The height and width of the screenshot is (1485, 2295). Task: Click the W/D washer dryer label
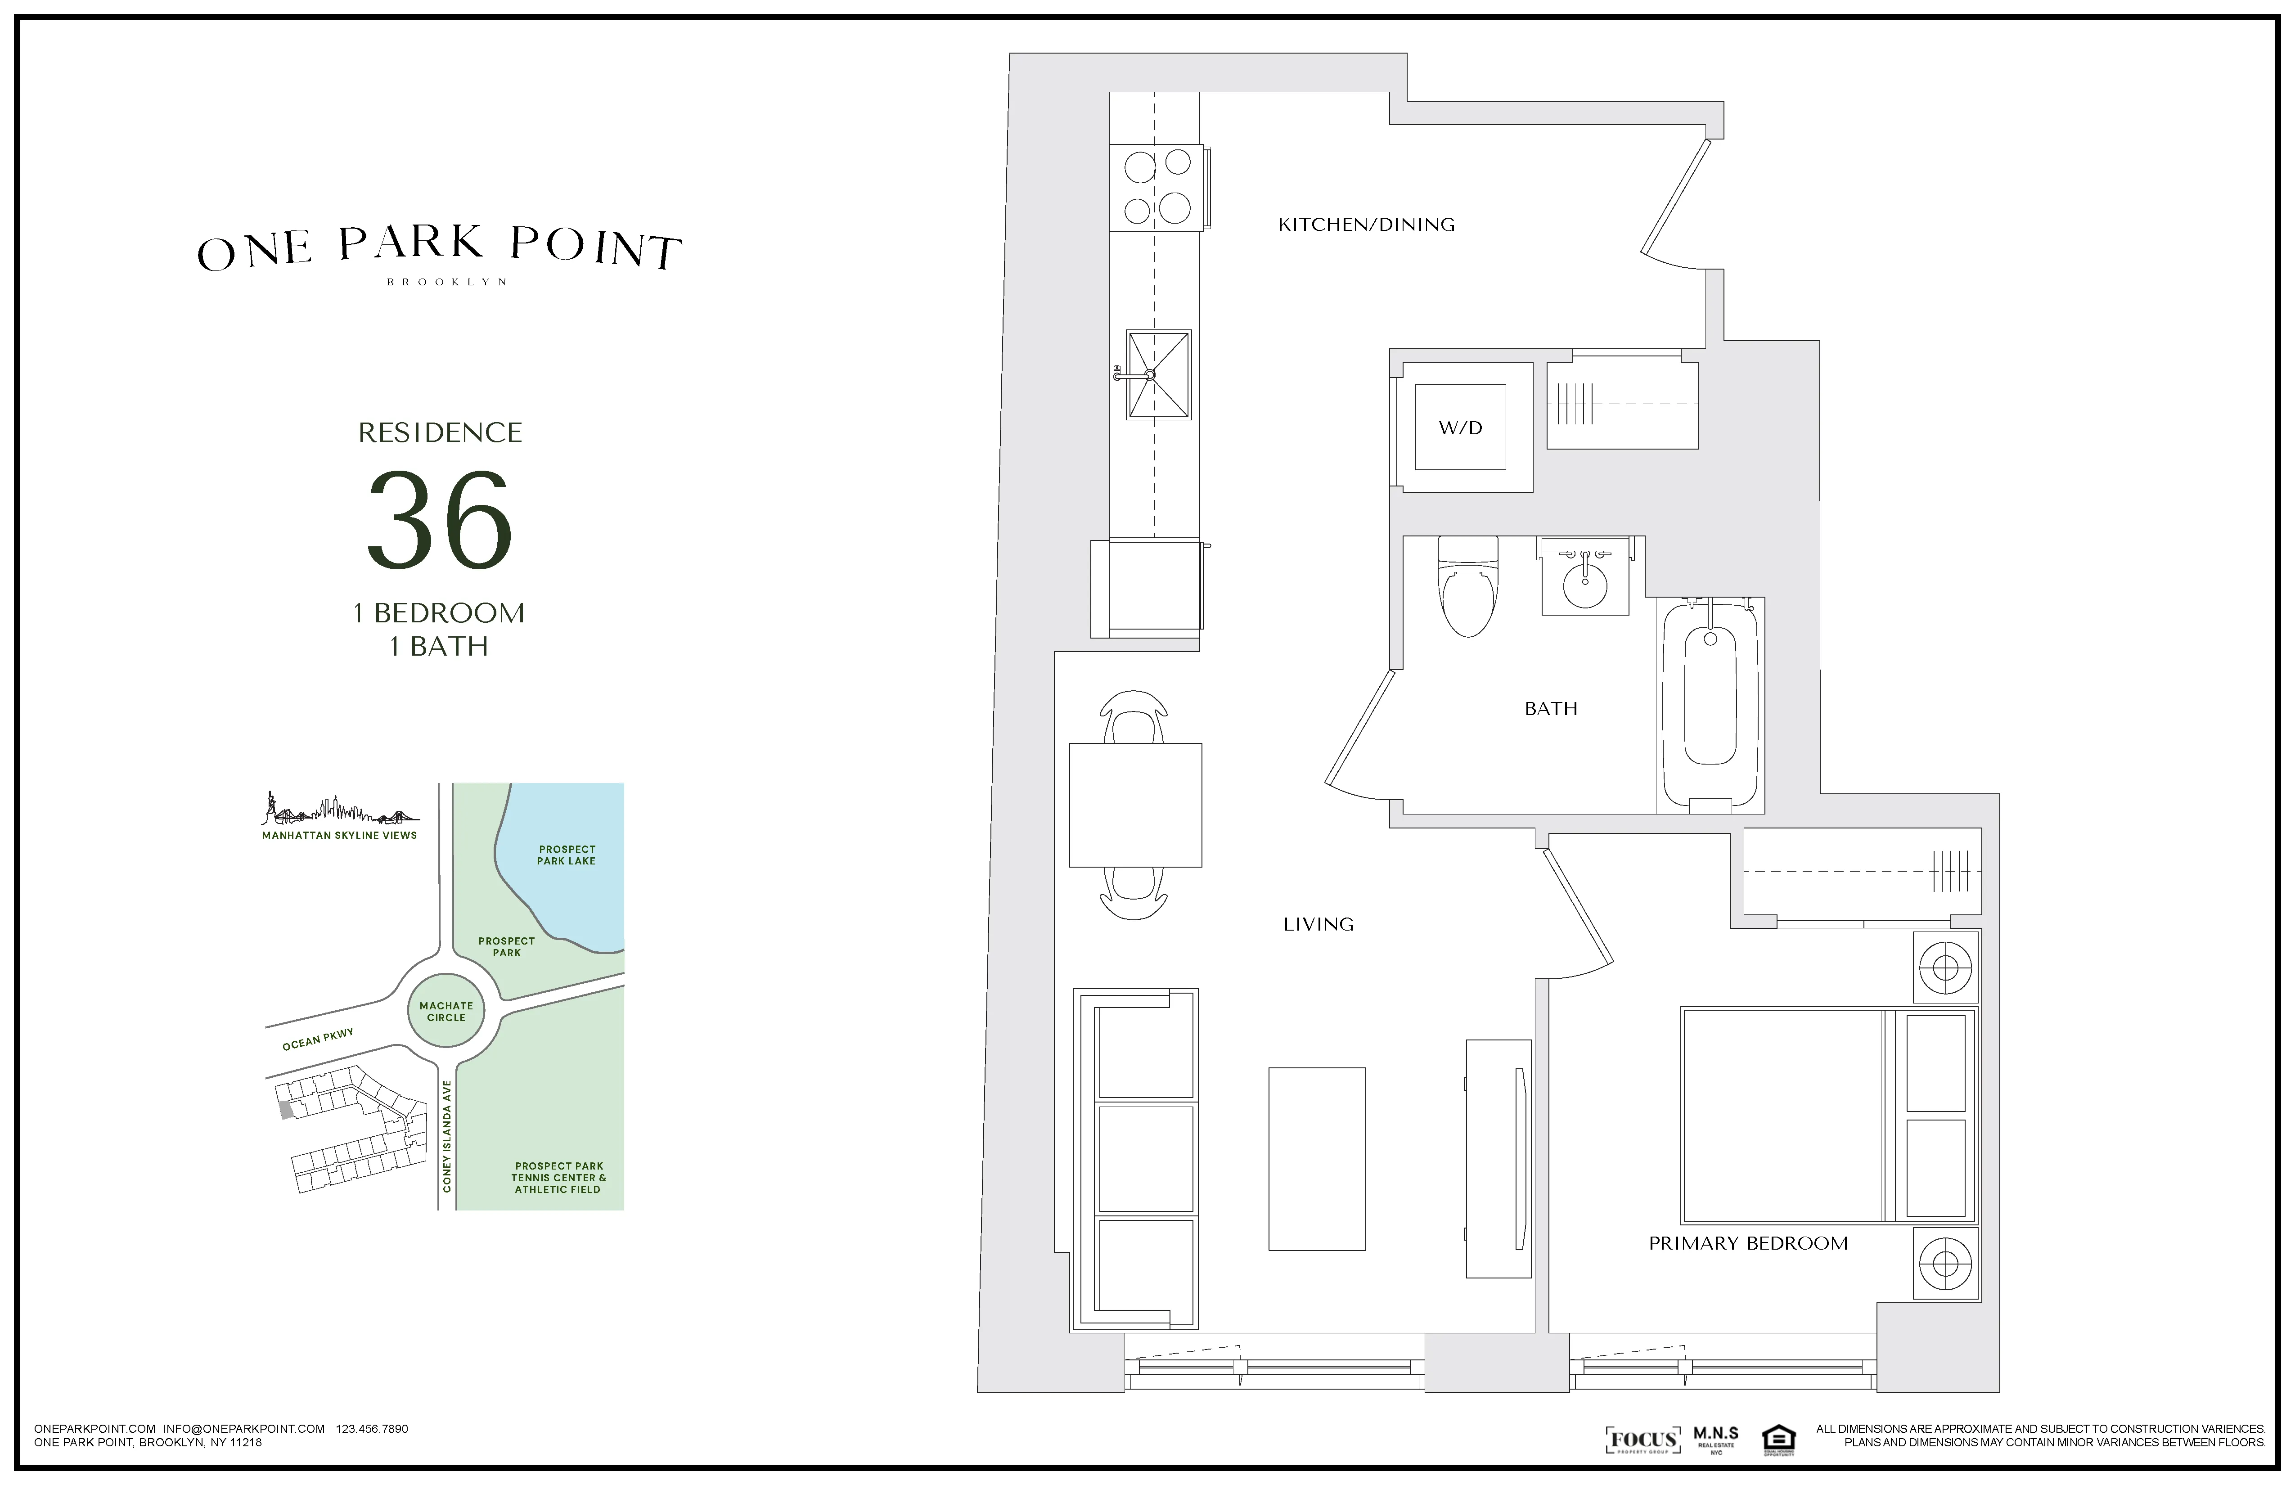click(1460, 428)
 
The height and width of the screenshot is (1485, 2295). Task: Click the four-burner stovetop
click(1156, 187)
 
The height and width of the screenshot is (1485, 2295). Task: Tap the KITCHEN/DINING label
click(1365, 225)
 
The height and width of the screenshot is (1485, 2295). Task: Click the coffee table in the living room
click(1316, 1159)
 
